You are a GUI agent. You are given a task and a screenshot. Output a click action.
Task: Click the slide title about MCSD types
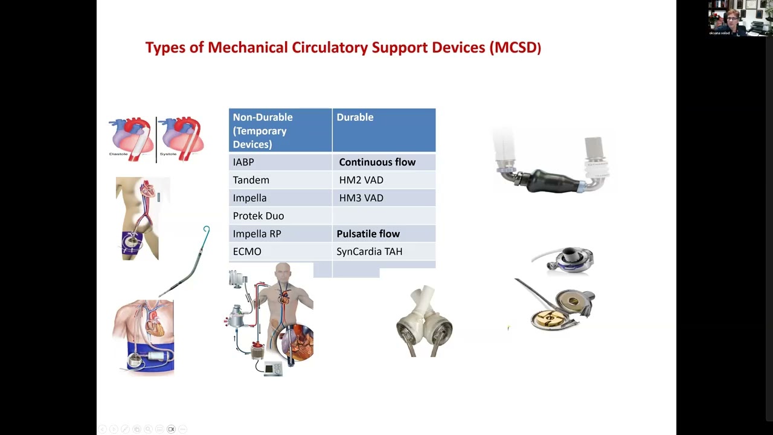click(x=343, y=48)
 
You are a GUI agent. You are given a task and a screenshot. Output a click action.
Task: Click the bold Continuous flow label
click(x=377, y=162)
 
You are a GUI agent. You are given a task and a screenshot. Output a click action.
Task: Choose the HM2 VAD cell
click(x=361, y=180)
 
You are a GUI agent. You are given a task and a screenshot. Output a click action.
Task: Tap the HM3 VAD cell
click(x=361, y=198)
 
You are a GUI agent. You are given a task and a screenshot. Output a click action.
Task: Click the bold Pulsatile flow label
click(x=368, y=234)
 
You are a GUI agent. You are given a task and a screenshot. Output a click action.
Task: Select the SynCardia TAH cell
click(x=369, y=251)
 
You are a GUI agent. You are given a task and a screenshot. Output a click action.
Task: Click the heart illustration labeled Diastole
click(x=131, y=138)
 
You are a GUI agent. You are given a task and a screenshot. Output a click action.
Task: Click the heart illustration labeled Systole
click(x=181, y=138)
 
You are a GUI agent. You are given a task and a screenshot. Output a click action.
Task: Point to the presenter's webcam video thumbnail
click(x=737, y=18)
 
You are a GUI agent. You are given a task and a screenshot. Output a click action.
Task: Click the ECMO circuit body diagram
click(x=271, y=320)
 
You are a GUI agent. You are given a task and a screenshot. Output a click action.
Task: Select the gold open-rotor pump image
click(x=559, y=308)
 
